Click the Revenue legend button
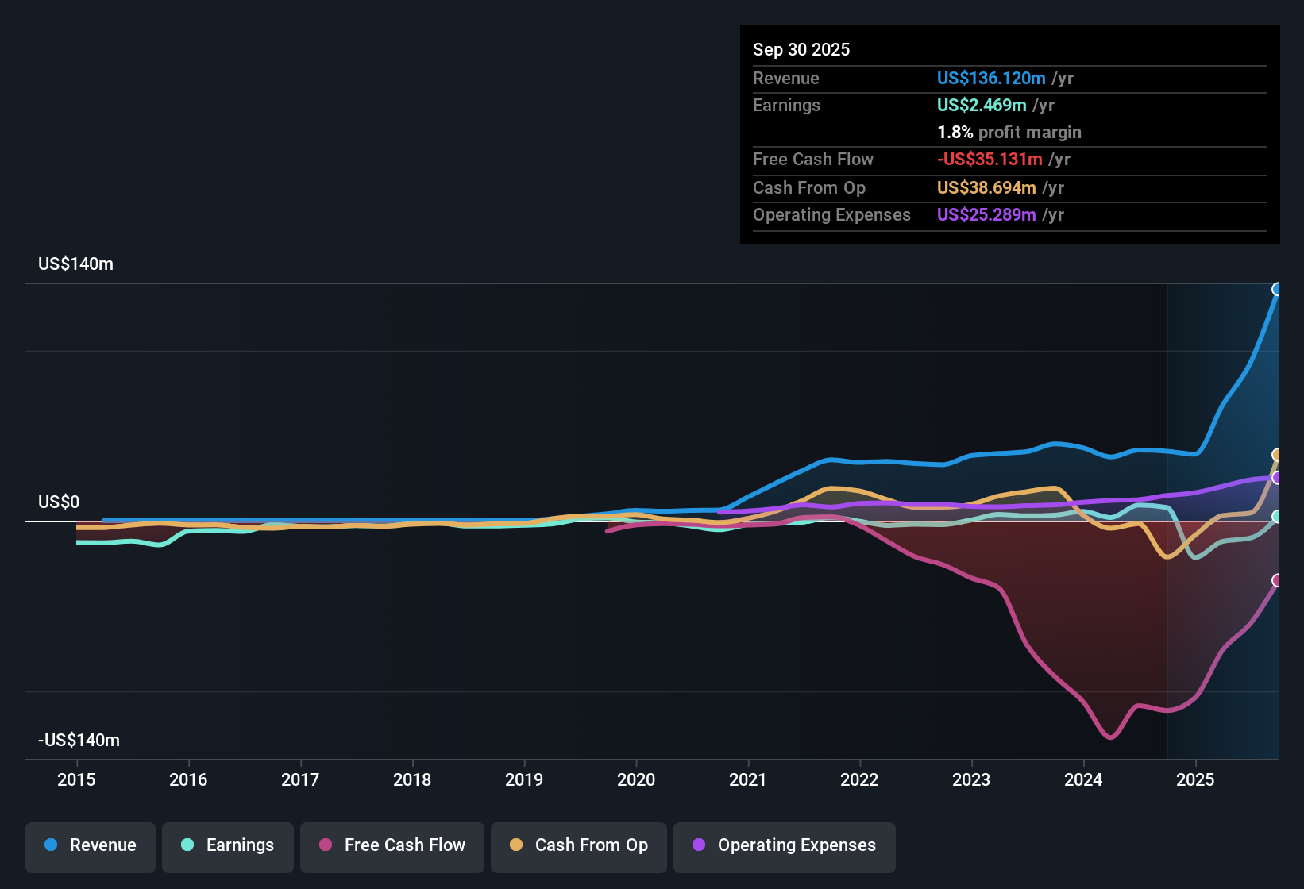click(x=91, y=845)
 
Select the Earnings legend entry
click(x=228, y=845)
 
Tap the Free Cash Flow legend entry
click(x=392, y=845)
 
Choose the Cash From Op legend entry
click(x=579, y=845)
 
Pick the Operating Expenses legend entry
click(x=785, y=845)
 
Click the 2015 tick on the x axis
click(x=76, y=779)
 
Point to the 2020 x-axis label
click(x=636, y=779)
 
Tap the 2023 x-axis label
click(x=971, y=779)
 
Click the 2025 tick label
click(x=1195, y=779)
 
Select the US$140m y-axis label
click(x=75, y=264)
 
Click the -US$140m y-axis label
click(x=79, y=741)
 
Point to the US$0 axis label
click(x=59, y=502)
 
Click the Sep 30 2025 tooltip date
click(x=801, y=49)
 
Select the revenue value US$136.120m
click(x=990, y=78)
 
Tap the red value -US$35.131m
click(x=989, y=159)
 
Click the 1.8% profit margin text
click(x=1009, y=132)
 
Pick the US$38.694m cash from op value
click(x=986, y=187)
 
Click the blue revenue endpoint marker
click(x=1277, y=289)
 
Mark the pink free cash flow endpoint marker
click(x=1277, y=580)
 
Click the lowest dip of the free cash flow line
click(x=1109, y=737)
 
